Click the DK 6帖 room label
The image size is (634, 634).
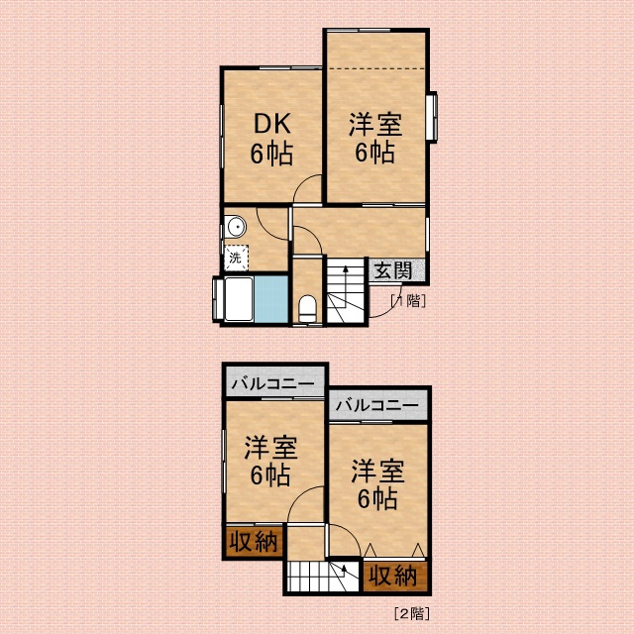coord(271,139)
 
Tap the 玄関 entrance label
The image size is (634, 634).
coord(393,270)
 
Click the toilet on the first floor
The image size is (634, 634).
coord(308,308)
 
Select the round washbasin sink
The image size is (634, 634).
coord(236,227)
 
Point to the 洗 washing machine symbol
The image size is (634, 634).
coord(236,258)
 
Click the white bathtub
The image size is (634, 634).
coord(239,299)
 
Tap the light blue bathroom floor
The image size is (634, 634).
coord(270,299)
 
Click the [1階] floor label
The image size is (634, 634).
coord(408,301)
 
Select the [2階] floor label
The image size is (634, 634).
coord(412,614)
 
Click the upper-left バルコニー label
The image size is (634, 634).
coord(273,383)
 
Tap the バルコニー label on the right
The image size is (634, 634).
coord(376,405)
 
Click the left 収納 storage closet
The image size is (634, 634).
coord(254,541)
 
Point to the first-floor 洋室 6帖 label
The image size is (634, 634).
coord(375,139)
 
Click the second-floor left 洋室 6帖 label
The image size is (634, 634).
coord(270,461)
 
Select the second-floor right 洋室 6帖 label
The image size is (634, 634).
coord(377,483)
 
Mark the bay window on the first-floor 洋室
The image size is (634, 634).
coord(432,117)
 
